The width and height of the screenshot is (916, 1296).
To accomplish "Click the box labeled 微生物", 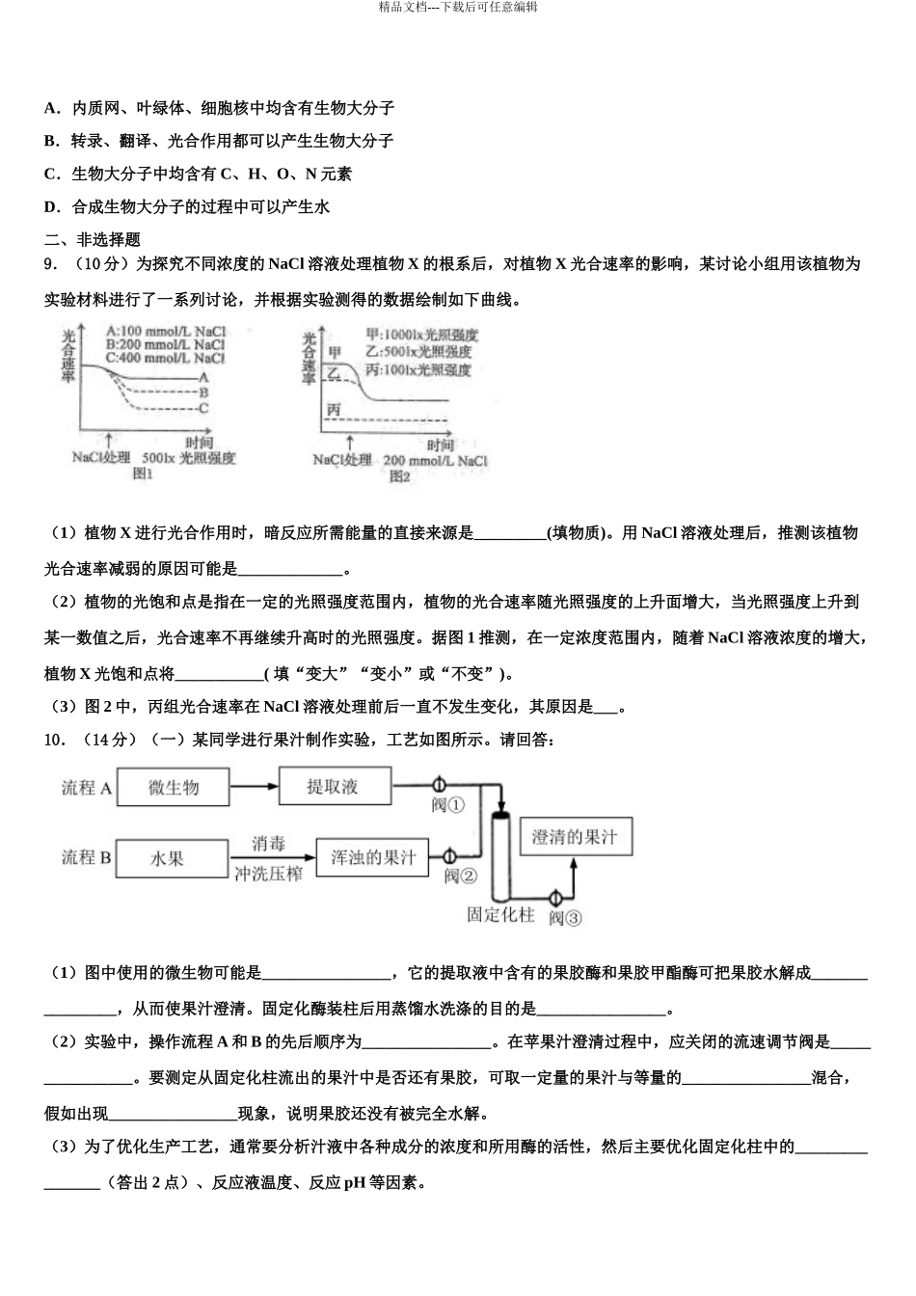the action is [174, 788].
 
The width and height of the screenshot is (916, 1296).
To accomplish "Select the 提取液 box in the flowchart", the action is [334, 786].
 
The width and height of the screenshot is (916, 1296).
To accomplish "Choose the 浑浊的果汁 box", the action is [373, 856].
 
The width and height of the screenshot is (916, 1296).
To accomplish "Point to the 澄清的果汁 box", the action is [575, 837].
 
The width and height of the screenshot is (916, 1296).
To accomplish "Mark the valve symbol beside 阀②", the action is [448, 855].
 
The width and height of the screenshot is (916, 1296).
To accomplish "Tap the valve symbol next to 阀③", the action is [555, 898].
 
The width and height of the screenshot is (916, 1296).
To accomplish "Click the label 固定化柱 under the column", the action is [499, 915].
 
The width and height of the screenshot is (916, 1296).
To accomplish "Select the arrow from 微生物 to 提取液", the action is [254, 787].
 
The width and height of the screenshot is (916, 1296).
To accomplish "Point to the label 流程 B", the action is [87, 857].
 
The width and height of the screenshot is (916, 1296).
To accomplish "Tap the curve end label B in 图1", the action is [203, 392].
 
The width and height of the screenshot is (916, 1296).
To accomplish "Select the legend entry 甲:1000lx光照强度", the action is [422, 335].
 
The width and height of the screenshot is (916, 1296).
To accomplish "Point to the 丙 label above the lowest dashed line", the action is [334, 410].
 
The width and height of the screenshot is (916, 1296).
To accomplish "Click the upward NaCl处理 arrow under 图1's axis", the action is [116, 439].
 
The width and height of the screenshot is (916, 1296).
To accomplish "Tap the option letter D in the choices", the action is [51, 206].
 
